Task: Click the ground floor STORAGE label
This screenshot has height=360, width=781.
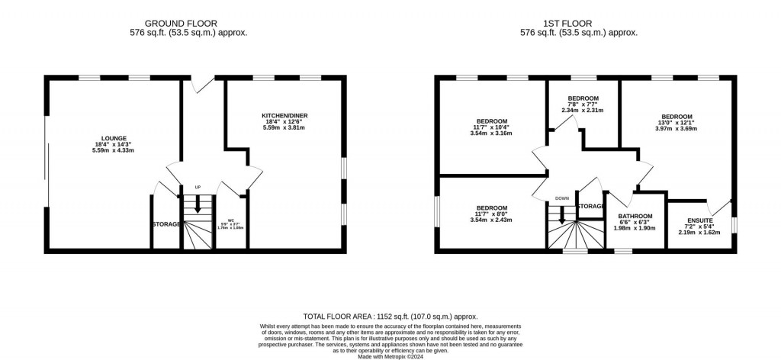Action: tap(166, 224)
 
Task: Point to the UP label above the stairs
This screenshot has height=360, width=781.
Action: tap(198, 187)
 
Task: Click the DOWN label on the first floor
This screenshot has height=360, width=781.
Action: tap(562, 198)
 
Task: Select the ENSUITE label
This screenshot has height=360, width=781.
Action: tap(699, 220)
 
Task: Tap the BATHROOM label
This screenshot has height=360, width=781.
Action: tap(635, 216)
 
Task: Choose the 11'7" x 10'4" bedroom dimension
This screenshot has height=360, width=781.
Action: tap(492, 127)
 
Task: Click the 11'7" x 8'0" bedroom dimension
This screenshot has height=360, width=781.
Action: tap(492, 214)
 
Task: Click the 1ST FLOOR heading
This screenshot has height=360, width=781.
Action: tap(578, 23)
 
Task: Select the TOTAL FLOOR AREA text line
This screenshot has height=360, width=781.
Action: tap(390, 315)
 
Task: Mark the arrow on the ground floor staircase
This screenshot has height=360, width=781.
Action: tap(198, 205)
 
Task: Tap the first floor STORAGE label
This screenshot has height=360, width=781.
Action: tap(590, 206)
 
